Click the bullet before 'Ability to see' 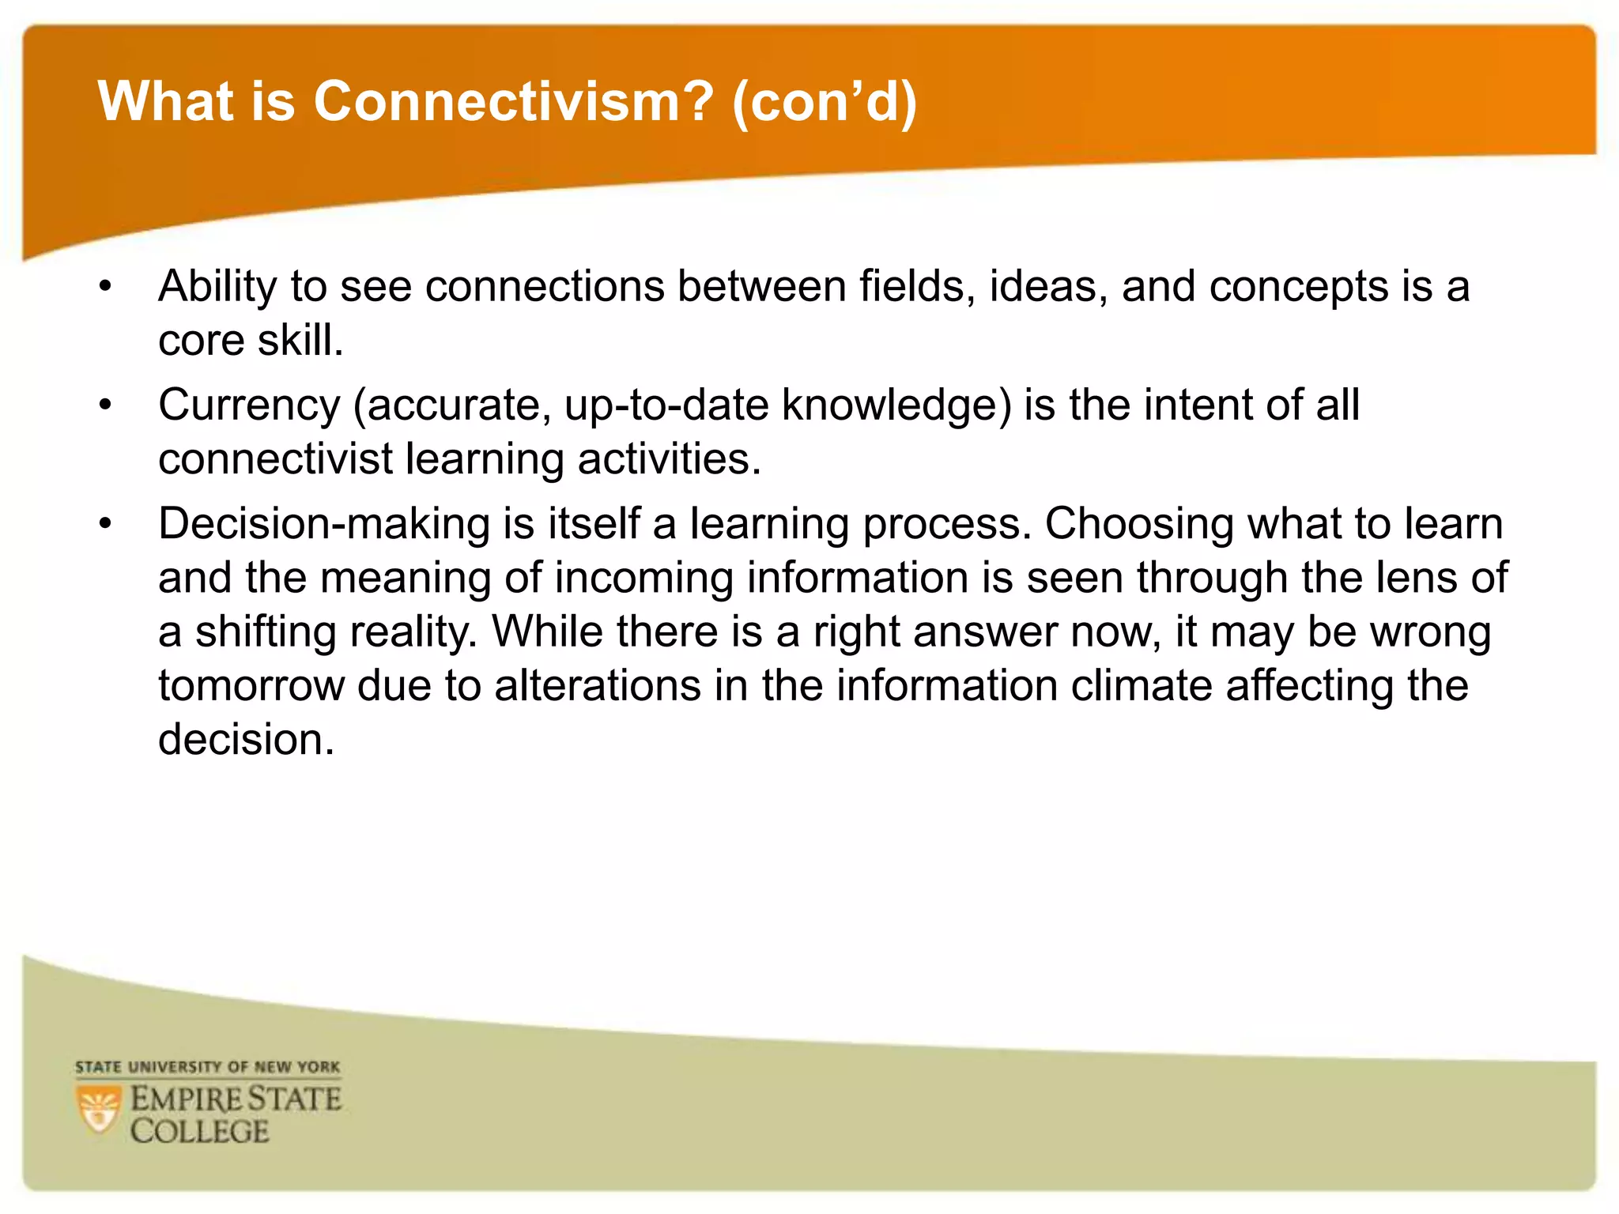pyautogui.click(x=106, y=286)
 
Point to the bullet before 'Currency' pyautogui.click(x=106, y=405)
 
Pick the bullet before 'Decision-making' pyautogui.click(x=106, y=524)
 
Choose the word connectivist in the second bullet pyautogui.click(x=275, y=459)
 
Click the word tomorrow pyautogui.click(x=251, y=685)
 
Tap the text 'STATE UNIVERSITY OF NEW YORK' pyautogui.click(x=207, y=1067)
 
